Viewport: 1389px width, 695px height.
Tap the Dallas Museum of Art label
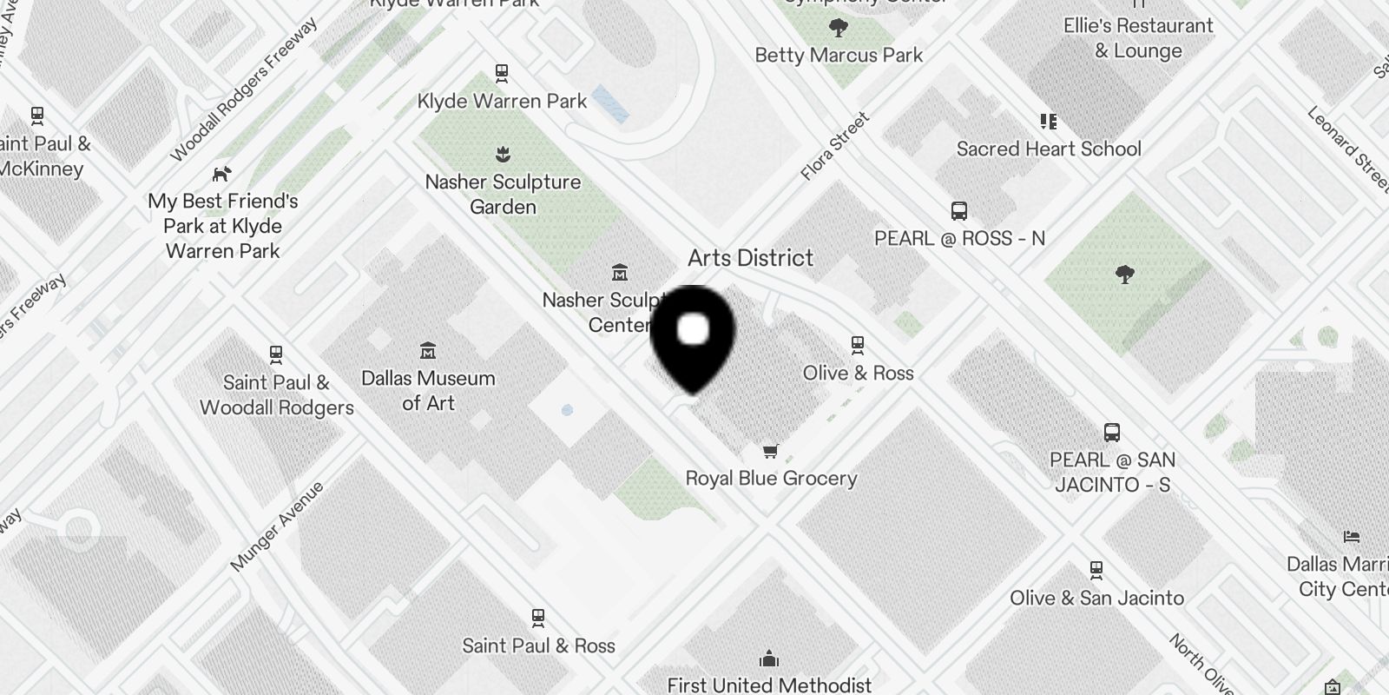click(x=428, y=390)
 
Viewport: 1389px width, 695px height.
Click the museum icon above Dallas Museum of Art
click(x=427, y=351)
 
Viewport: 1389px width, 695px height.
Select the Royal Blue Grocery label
click(x=771, y=478)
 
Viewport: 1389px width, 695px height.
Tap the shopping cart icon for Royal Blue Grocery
click(x=770, y=451)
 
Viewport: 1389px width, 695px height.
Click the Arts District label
click(x=750, y=258)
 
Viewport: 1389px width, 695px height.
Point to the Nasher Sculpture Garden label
click(x=503, y=195)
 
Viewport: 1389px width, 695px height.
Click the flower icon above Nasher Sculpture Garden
click(x=502, y=156)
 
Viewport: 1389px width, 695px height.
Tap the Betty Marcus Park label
click(x=839, y=56)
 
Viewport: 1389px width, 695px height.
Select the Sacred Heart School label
click(x=1049, y=149)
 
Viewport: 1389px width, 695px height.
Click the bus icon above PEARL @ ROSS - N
click(x=959, y=211)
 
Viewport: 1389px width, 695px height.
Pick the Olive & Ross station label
click(x=858, y=373)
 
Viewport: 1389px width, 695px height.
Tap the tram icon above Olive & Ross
click(x=858, y=345)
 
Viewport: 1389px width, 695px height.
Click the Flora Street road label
click(x=834, y=146)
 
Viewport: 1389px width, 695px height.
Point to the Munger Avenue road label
click(x=277, y=526)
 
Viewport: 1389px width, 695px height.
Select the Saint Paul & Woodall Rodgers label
click(x=276, y=395)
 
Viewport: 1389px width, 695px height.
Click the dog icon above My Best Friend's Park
click(x=222, y=174)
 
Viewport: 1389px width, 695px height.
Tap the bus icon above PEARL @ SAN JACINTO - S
click(x=1112, y=433)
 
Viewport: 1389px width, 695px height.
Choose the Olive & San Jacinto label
click(x=1096, y=598)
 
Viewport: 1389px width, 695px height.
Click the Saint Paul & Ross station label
click(x=538, y=645)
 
